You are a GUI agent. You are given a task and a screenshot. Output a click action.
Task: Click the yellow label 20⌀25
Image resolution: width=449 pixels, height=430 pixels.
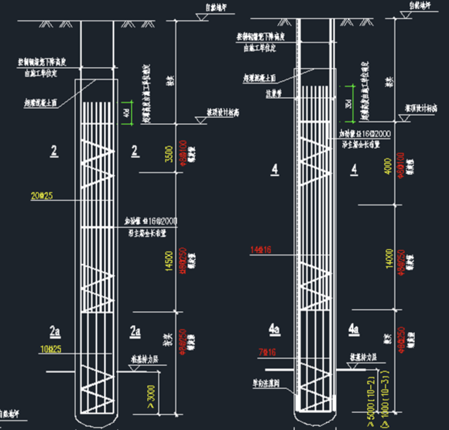coord(42,196)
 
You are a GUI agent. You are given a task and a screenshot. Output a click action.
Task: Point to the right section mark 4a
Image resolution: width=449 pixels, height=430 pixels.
coord(354,329)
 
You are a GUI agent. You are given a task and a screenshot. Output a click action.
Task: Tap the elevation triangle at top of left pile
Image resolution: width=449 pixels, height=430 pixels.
coord(201,17)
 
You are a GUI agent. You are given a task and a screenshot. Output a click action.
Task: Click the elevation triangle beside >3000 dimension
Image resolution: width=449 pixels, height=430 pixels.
coord(134,368)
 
